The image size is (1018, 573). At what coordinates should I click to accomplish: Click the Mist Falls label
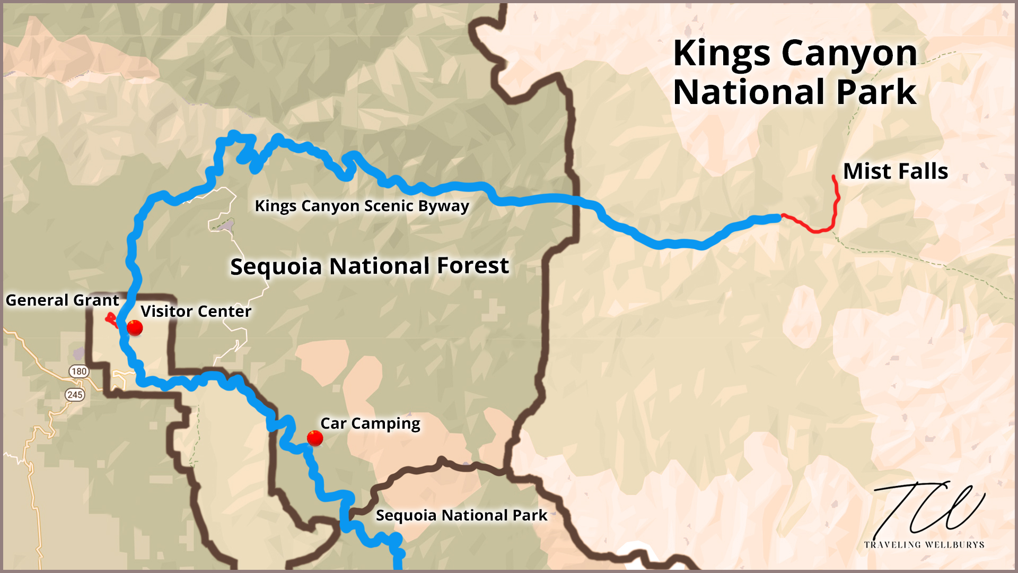(x=895, y=171)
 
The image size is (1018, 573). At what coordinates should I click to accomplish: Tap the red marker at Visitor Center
(x=135, y=328)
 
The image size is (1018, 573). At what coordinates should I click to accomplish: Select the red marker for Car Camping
(x=315, y=438)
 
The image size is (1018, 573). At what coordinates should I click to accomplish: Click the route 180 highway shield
(x=79, y=371)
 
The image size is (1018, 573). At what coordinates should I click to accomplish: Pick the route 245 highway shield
(x=75, y=395)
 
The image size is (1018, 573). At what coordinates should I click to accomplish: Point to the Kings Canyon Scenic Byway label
(x=362, y=206)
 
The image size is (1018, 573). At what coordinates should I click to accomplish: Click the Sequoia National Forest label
(x=369, y=266)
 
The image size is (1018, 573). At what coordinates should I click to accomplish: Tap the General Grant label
(x=62, y=300)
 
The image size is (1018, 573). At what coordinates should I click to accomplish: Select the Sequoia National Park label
(x=461, y=515)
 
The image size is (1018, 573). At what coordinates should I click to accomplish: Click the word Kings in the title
(x=722, y=54)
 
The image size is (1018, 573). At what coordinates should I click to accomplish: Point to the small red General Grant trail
(x=111, y=320)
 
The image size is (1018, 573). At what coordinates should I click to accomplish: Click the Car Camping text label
(x=370, y=423)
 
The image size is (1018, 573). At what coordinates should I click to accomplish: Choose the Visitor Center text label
(x=196, y=311)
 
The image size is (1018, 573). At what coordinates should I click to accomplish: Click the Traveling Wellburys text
(x=924, y=545)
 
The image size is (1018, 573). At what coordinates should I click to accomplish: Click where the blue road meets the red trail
(x=781, y=216)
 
